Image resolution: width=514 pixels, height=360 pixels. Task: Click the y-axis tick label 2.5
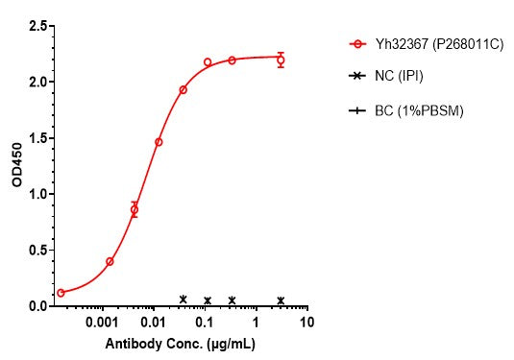click(x=37, y=27)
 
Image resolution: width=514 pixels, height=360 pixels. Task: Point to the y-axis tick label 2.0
click(x=37, y=83)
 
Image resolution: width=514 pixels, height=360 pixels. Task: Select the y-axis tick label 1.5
click(x=37, y=138)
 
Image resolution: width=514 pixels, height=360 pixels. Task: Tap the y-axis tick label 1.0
click(x=37, y=194)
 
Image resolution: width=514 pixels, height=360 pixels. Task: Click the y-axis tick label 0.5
click(x=37, y=250)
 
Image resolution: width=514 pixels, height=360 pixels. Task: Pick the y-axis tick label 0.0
click(x=37, y=305)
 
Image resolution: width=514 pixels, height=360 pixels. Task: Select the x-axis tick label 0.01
click(x=152, y=323)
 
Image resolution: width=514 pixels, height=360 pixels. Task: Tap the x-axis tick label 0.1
click(x=204, y=323)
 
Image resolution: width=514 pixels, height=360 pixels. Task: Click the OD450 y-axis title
click(x=16, y=166)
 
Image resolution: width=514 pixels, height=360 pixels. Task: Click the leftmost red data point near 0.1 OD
click(x=61, y=293)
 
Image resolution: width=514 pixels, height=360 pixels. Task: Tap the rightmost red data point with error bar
click(x=281, y=60)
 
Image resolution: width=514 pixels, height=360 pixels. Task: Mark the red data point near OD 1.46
click(x=159, y=142)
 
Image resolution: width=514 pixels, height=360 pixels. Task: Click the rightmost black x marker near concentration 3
click(x=281, y=300)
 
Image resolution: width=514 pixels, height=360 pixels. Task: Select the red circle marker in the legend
click(x=357, y=43)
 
